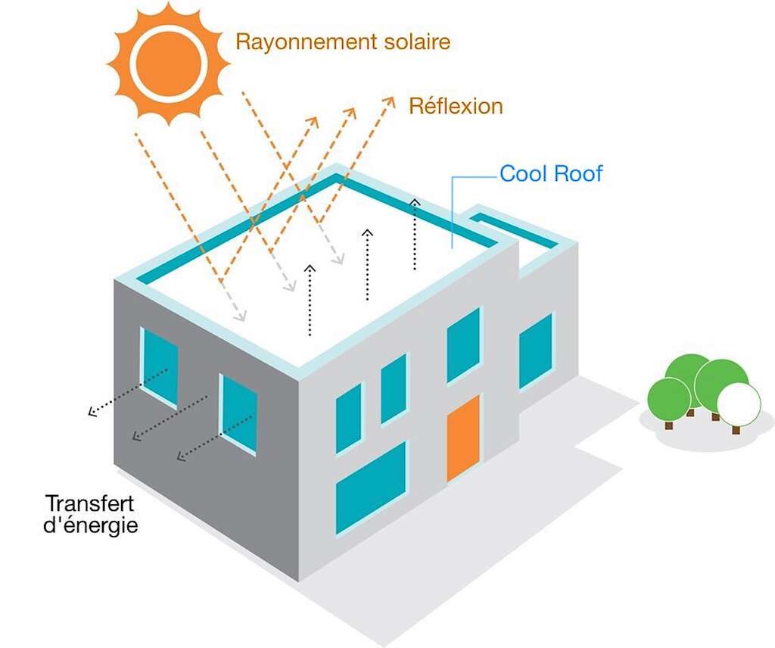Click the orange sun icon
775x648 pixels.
pyautogui.click(x=168, y=62)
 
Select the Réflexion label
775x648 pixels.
pyautogui.click(x=456, y=106)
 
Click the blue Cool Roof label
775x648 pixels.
pyautogui.click(x=551, y=174)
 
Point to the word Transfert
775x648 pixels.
pyautogui.click(x=89, y=503)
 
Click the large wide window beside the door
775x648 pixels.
pyautogui.click(x=371, y=487)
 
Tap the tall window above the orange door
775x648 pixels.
pyautogui.click(x=463, y=344)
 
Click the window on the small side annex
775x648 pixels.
pyautogui.click(x=536, y=350)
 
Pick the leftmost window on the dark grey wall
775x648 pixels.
pyautogui.click(x=160, y=366)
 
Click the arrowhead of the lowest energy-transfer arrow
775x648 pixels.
pyautogui.click(x=179, y=456)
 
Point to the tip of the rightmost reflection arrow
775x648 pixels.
pyautogui.click(x=391, y=98)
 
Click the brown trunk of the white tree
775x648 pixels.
pyautogui.click(x=736, y=429)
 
